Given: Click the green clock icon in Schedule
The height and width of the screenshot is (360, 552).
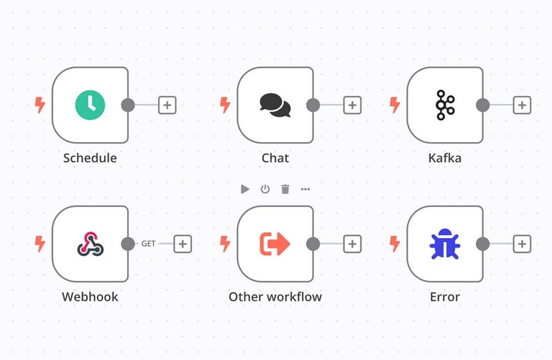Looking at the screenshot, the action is [90, 105].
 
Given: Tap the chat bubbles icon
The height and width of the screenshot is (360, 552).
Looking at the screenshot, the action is [275, 105].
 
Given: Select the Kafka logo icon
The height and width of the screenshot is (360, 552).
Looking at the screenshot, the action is [445, 105].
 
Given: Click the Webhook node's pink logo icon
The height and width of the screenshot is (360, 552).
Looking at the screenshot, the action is [90, 243].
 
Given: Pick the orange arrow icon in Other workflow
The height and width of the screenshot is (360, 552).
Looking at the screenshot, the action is [275, 243].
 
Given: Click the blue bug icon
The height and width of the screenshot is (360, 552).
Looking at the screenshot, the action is [445, 244].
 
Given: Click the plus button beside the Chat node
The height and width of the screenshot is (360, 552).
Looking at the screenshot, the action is [353, 105].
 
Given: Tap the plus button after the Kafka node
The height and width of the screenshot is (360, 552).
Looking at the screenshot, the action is [522, 105].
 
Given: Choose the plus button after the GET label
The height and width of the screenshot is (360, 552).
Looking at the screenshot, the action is [183, 244].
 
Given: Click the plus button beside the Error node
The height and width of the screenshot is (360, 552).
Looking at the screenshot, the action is [522, 244].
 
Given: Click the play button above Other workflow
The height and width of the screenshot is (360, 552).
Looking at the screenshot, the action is [245, 190].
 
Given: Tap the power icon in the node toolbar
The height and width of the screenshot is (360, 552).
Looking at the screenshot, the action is [265, 190].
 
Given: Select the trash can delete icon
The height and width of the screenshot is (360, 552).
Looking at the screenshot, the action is [285, 190].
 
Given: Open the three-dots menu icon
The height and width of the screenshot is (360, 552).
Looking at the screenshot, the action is [305, 190].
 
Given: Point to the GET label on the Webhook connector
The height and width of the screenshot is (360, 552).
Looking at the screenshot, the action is [148, 243].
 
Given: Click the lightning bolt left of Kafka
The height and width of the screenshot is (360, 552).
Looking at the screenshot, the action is [395, 105].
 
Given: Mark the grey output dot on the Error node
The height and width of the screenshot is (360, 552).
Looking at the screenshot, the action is [482, 244].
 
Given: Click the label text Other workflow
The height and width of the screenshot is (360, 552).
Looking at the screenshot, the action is [275, 297].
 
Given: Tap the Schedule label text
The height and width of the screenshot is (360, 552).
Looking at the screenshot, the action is [90, 158].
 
